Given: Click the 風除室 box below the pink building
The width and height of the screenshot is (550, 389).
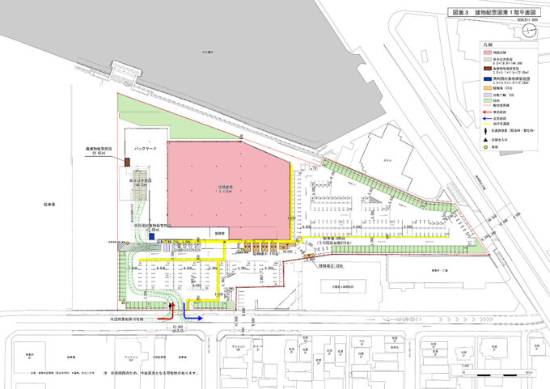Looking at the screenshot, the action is tap(218, 232).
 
